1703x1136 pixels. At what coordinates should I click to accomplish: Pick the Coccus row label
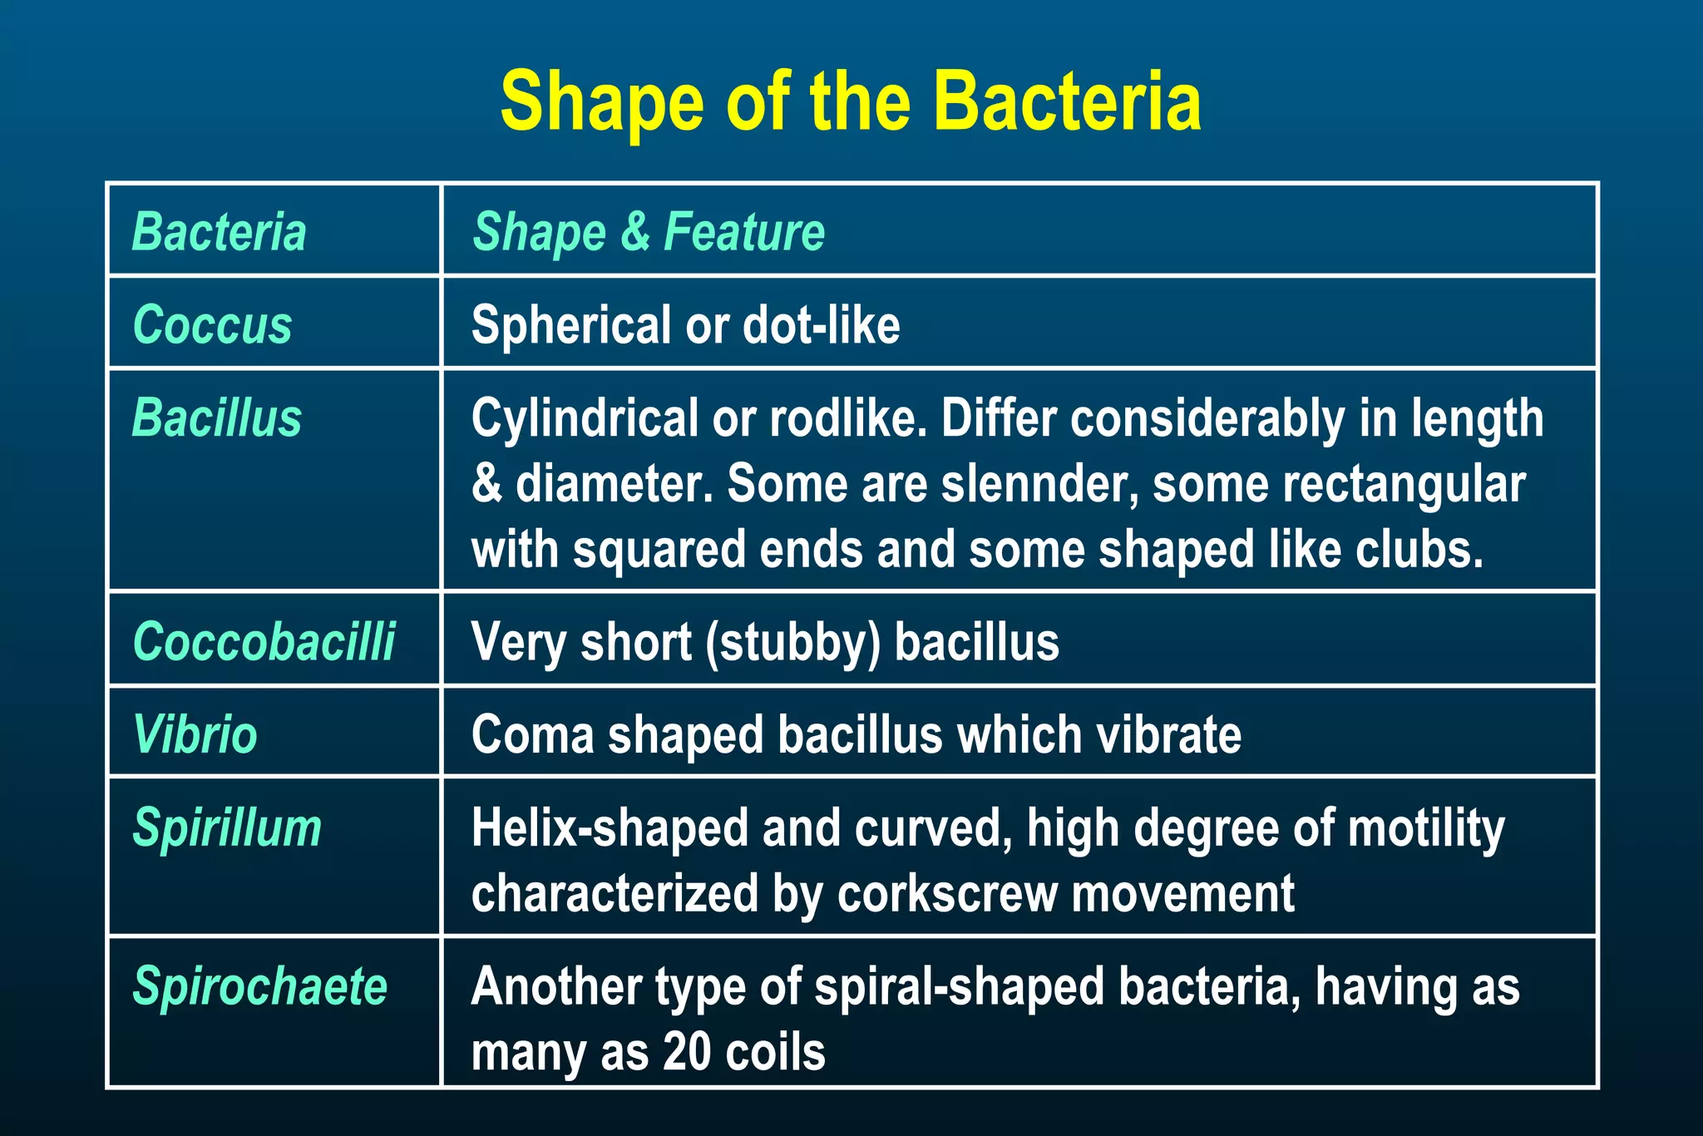(212, 324)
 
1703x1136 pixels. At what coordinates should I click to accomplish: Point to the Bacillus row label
(217, 417)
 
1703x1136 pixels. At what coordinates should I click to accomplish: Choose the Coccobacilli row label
(264, 642)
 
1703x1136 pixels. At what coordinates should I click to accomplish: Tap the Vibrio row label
(195, 735)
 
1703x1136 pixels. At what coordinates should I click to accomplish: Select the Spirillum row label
(227, 828)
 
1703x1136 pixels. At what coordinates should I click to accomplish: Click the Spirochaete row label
(260, 987)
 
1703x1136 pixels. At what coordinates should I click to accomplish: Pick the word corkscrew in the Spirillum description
(948, 894)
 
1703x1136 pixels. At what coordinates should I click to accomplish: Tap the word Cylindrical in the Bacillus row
(585, 418)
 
